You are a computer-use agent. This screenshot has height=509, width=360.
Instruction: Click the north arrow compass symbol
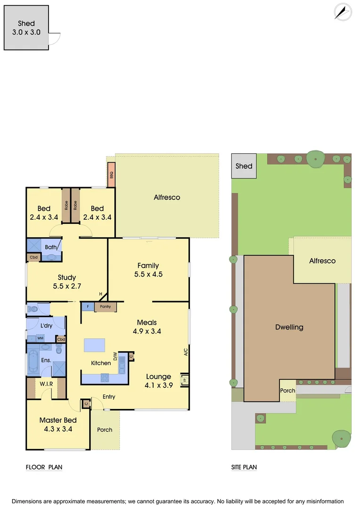[343, 12]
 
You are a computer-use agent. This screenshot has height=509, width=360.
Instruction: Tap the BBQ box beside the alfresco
[112, 174]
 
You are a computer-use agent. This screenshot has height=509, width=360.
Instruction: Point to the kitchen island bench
[95, 345]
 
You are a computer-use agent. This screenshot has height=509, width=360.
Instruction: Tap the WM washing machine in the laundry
[41, 338]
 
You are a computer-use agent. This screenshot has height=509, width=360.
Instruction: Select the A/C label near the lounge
[186, 351]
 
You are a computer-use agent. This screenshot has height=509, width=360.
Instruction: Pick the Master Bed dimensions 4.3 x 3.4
[58, 429]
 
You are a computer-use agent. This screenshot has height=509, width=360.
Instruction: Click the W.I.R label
[46, 384]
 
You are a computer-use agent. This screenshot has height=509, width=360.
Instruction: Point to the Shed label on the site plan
[244, 166]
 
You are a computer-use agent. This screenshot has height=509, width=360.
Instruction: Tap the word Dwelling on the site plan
[289, 327]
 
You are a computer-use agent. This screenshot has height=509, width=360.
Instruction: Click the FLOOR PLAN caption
[44, 467]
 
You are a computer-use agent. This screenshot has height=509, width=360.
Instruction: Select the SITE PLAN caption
[244, 467]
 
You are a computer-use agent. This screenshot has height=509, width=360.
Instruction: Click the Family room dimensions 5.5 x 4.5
[148, 274]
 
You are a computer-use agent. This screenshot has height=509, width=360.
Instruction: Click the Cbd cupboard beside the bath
[34, 257]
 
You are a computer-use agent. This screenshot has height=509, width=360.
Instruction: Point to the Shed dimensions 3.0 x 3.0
[26, 33]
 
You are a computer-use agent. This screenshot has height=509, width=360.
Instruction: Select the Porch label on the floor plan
[105, 429]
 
